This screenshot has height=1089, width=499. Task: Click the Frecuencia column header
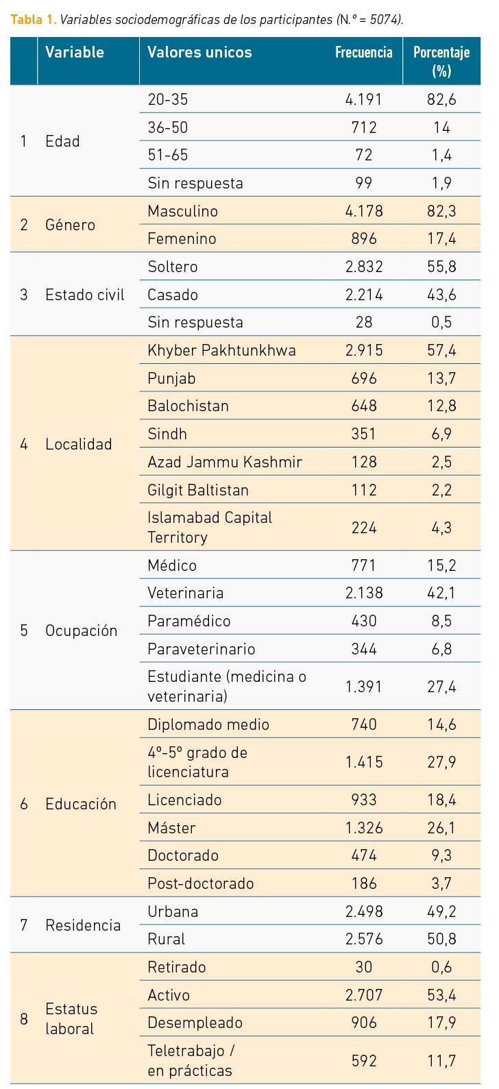pyautogui.click(x=363, y=53)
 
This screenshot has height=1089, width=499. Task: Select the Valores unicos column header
pyautogui.click(x=199, y=53)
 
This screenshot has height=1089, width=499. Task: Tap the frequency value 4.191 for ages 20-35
pyautogui.click(x=363, y=100)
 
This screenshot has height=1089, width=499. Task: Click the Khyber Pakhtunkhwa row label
pyautogui.click(x=221, y=351)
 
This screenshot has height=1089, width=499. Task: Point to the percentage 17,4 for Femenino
pyautogui.click(x=441, y=239)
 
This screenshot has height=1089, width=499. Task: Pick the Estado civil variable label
pyautogui.click(x=85, y=295)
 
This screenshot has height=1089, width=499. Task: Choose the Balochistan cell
pyautogui.click(x=188, y=406)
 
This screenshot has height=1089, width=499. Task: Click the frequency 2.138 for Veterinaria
pyautogui.click(x=363, y=594)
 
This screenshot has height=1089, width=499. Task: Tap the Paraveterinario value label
pyautogui.click(x=202, y=649)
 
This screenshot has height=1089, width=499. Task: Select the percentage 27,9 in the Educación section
pyautogui.click(x=441, y=762)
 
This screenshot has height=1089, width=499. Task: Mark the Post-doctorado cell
pyautogui.click(x=200, y=883)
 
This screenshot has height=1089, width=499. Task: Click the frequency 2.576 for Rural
pyautogui.click(x=363, y=940)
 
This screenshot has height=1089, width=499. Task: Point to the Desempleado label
pyautogui.click(x=195, y=1023)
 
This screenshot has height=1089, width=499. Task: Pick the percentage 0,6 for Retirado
pyautogui.click(x=441, y=967)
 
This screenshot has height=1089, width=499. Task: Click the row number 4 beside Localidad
pyautogui.click(x=24, y=444)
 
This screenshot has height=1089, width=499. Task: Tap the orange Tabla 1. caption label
pyautogui.click(x=33, y=19)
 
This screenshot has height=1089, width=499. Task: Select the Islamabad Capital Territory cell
pyautogui.click(x=210, y=527)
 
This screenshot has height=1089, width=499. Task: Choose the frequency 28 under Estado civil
pyautogui.click(x=363, y=323)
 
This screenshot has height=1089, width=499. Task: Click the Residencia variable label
pyautogui.click(x=83, y=925)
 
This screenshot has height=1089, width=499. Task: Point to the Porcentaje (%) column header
pyautogui.click(x=441, y=61)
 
